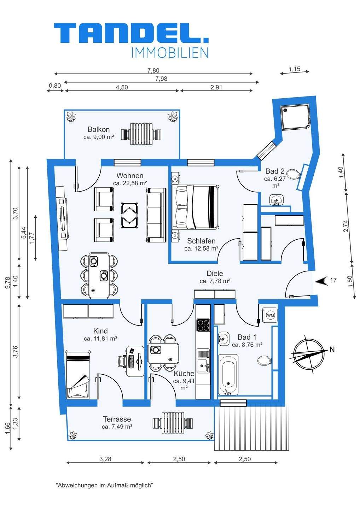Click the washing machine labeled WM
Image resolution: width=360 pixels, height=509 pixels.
270,315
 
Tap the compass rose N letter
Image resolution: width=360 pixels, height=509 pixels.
332,350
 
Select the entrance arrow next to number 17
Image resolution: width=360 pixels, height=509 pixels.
321,281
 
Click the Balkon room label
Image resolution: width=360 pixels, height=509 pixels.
99,129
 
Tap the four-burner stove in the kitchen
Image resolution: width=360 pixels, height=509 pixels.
203,325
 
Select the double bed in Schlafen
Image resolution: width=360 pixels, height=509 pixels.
196,207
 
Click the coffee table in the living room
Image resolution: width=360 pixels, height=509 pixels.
130,215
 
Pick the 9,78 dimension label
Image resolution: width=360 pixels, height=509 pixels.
8,283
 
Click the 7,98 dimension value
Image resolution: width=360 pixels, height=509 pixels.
161,78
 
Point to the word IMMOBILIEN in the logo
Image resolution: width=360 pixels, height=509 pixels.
170,53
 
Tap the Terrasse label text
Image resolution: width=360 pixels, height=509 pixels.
117,419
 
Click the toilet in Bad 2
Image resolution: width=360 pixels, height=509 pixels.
294,175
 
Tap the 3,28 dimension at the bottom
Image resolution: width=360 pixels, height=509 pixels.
105,459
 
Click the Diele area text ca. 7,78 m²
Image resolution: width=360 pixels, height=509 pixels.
215,281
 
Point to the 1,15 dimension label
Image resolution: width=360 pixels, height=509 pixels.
294,69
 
